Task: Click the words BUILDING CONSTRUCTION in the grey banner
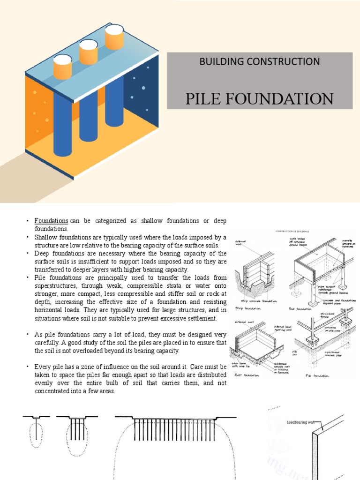260,61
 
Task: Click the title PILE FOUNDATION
260,98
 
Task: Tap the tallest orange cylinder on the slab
114,37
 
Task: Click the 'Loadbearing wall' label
300,422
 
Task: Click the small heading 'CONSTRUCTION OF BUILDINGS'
292,231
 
